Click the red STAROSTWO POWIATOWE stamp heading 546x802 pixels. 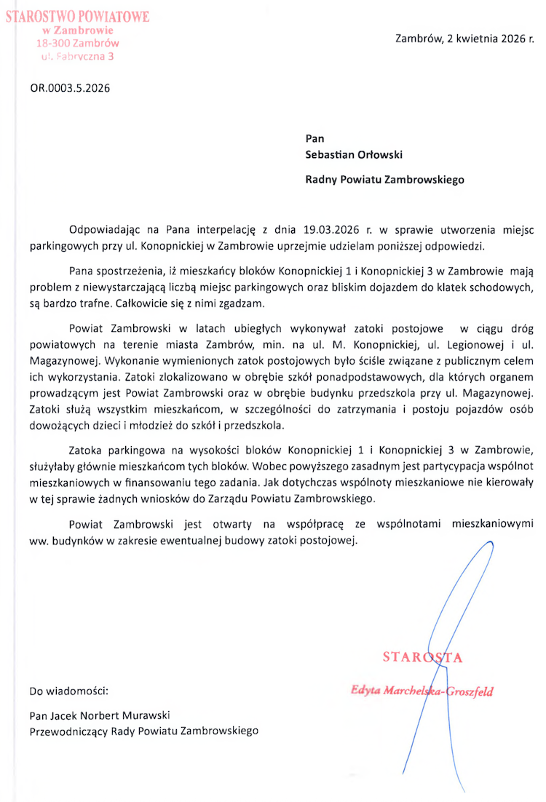pos(77,17)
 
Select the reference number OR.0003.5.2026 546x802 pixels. pos(70,90)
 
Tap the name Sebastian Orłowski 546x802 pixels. pos(354,154)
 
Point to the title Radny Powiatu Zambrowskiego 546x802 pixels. pos(384,179)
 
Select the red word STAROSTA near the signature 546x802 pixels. pos(423,658)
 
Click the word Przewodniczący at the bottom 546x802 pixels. pos(70,730)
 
